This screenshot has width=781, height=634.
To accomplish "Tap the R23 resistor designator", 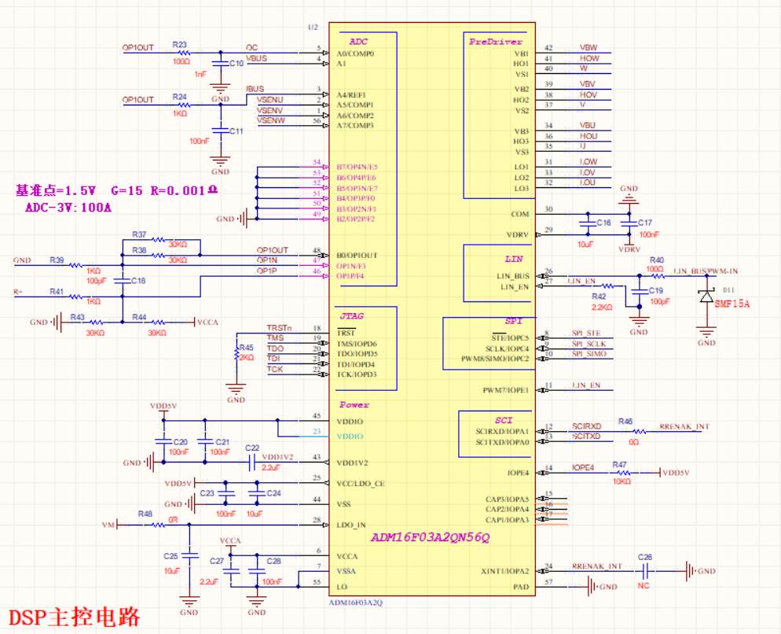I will (179, 45).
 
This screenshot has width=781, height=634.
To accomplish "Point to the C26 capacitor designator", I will (645, 557).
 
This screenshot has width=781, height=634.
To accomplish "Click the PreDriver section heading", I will (495, 42).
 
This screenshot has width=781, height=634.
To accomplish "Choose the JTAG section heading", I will (350, 315).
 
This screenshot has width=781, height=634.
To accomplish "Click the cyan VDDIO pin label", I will (350, 436).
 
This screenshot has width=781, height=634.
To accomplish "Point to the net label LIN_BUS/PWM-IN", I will (706, 271).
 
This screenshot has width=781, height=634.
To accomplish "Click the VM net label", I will (109, 524).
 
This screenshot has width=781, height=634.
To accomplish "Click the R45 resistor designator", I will (247, 346).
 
